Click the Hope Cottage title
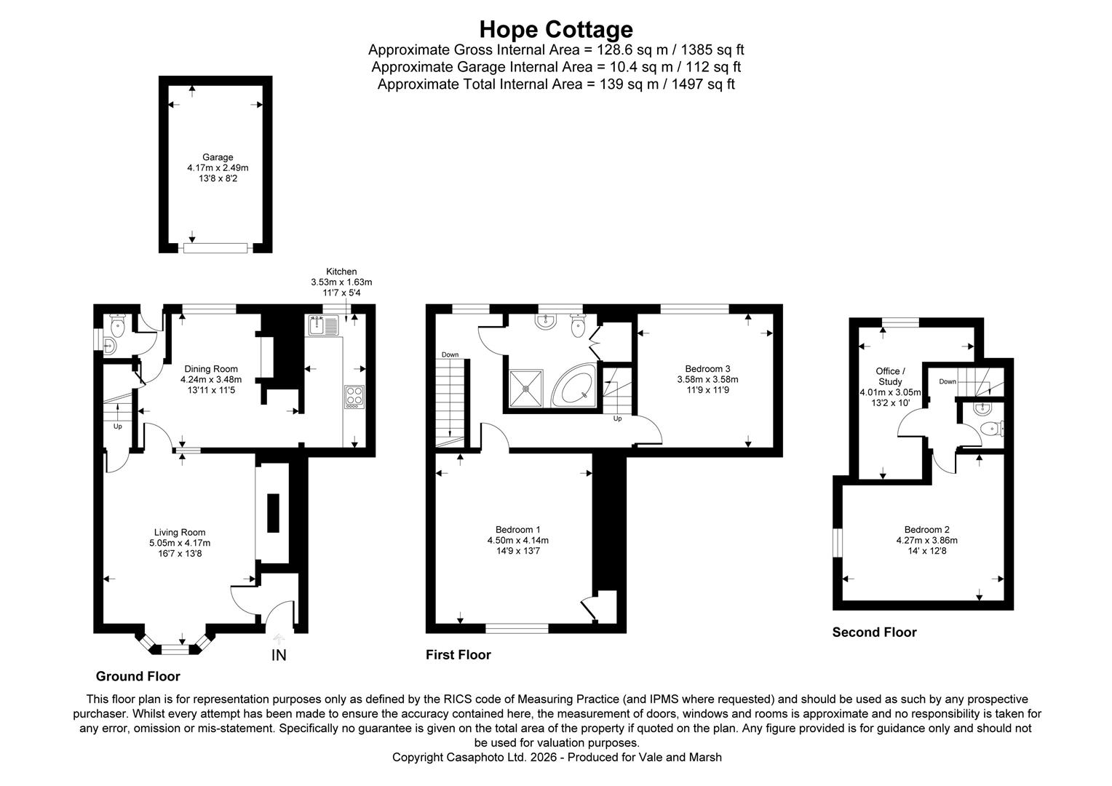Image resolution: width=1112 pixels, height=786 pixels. point(556,29)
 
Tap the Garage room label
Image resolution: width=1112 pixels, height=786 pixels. point(218,157)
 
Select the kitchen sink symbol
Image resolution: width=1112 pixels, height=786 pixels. point(323,326)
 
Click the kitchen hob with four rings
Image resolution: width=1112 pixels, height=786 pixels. point(354,396)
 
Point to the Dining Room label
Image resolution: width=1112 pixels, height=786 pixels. point(211,369)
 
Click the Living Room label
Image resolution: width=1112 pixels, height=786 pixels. point(180,532)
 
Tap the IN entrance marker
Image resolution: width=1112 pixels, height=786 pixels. point(279,655)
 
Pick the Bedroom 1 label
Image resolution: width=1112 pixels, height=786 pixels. point(517,529)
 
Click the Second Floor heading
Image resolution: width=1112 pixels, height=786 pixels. point(874,632)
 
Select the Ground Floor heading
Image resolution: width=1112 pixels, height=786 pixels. point(138,676)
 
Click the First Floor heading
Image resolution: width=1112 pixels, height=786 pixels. point(458,655)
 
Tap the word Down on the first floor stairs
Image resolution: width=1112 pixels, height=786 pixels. point(450,354)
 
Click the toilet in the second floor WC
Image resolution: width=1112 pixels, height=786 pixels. point(989,429)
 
